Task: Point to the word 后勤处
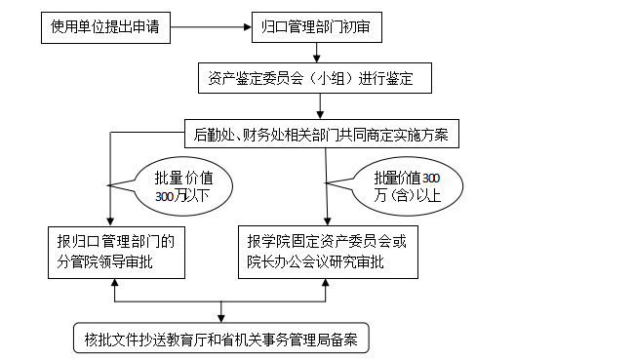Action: coord(214,134)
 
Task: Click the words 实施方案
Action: coord(425,134)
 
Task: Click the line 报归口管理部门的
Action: coord(115,240)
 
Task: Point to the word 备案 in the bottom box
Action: coord(344,340)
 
